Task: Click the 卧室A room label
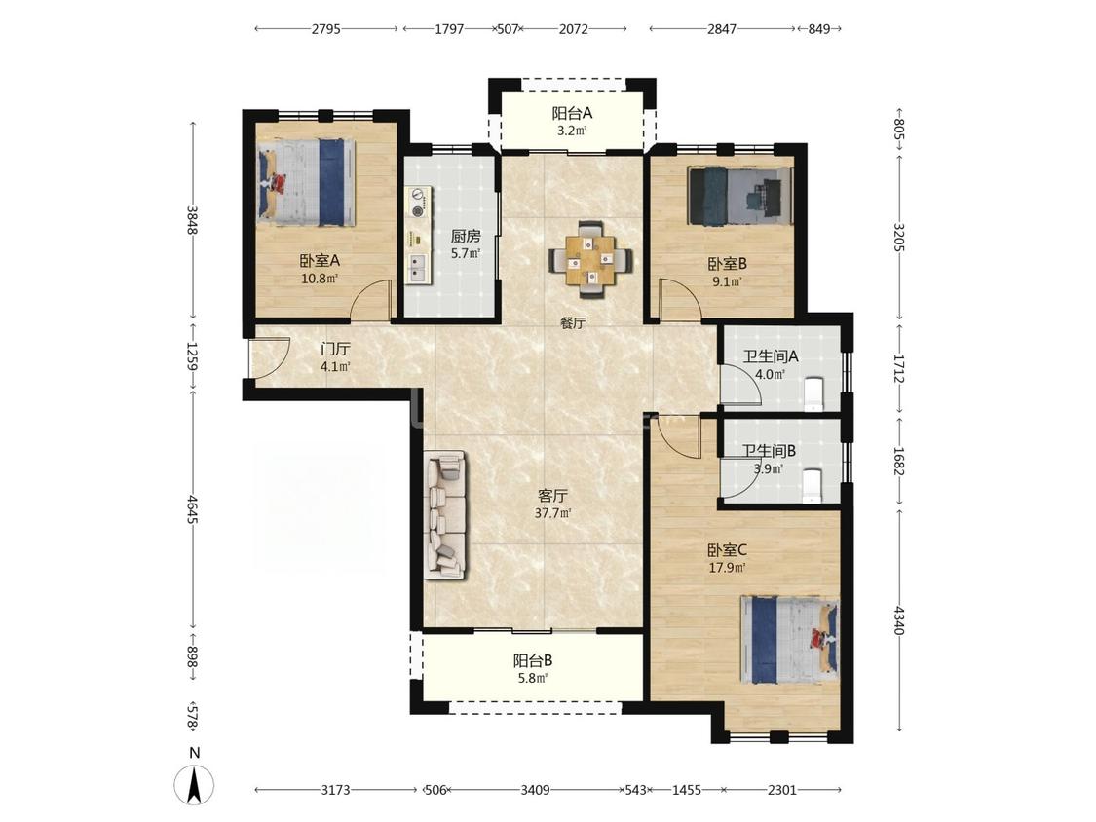(320, 261)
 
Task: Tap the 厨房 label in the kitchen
(466, 237)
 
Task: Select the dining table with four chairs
(591, 259)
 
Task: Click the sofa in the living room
(444, 514)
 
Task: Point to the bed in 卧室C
(790, 640)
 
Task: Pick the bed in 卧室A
(306, 182)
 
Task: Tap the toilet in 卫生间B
(813, 487)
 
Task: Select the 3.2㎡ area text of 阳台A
(572, 130)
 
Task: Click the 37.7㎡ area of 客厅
(553, 513)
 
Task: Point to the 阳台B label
(533, 660)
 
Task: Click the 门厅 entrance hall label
(335, 350)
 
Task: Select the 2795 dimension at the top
(326, 29)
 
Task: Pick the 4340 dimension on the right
(899, 620)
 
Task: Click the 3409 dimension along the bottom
(535, 790)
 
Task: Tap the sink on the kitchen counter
(418, 268)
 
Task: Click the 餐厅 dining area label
(573, 323)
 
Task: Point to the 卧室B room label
(728, 264)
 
